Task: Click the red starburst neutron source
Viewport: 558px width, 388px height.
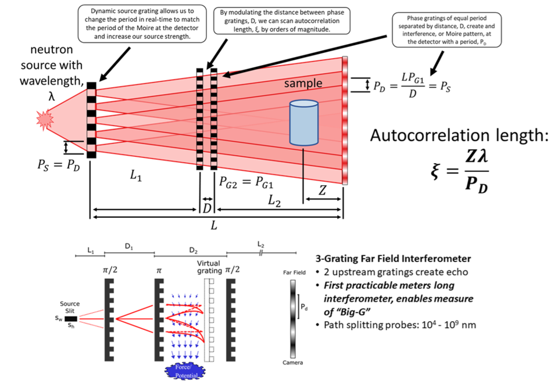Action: pyautogui.click(x=45, y=120)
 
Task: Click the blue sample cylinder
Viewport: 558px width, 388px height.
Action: pyautogui.click(x=303, y=123)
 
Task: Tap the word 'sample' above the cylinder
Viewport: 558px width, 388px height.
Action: pyautogui.click(x=303, y=84)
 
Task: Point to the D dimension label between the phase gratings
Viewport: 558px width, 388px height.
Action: pyautogui.click(x=206, y=208)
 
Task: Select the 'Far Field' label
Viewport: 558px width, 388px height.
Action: pyautogui.click(x=293, y=272)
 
